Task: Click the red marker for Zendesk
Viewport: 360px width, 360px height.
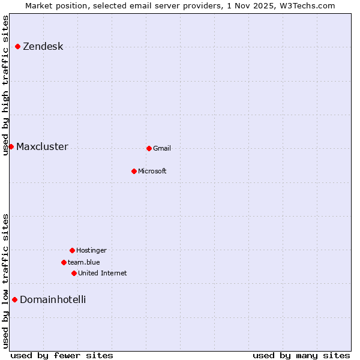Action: [18, 46]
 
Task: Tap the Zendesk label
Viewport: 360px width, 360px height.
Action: [43, 47]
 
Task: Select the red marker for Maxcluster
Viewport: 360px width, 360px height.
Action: [11, 146]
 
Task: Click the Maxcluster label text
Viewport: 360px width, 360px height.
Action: [42, 147]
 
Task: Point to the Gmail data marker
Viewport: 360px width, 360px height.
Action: [149, 148]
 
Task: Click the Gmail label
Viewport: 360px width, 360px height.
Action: [162, 149]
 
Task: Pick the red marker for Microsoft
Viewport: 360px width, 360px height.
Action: [134, 171]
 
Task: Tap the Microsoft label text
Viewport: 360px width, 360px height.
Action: [152, 172]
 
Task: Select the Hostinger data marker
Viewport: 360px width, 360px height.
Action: [72, 250]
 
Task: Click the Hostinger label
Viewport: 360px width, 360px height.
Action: [91, 251]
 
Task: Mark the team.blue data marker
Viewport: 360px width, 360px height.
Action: [64, 262]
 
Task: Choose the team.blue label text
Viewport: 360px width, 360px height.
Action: [83, 263]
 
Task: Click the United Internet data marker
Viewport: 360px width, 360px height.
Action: [74, 273]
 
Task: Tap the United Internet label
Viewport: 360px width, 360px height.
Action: [102, 274]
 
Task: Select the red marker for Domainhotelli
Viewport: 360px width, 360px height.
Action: [14, 299]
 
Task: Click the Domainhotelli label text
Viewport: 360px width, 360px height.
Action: [53, 300]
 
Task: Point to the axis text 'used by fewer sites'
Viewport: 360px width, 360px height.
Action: [62, 355]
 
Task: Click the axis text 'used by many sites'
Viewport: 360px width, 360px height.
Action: [301, 355]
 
